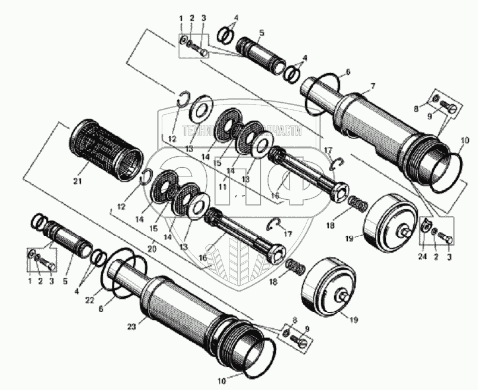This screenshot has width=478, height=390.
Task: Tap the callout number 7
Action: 372,87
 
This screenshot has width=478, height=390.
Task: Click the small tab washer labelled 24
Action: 425,227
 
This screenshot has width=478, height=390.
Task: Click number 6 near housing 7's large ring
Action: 348,71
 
